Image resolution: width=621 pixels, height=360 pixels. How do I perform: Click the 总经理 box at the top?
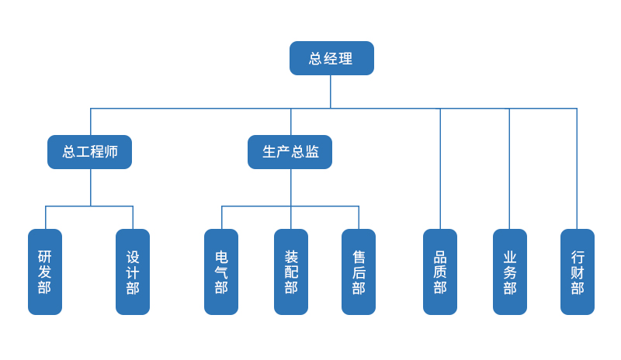pyautogui.click(x=331, y=58)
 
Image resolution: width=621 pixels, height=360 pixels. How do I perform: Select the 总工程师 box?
pyautogui.click(x=89, y=152)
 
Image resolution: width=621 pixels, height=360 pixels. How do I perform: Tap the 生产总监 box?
pyautogui.click(x=290, y=152)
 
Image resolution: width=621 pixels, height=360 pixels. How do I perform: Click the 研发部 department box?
pyautogui.click(x=45, y=272)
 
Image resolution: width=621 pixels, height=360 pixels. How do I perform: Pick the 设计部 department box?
pyautogui.click(x=133, y=272)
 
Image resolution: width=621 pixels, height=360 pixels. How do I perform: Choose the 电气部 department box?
pyautogui.click(x=221, y=272)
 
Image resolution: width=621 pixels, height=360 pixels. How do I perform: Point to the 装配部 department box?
pyautogui.click(x=291, y=272)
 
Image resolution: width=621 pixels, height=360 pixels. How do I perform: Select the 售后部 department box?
pyautogui.click(x=359, y=272)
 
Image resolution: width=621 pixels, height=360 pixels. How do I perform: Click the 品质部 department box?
pyautogui.click(x=440, y=272)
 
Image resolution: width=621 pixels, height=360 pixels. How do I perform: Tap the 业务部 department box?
pyautogui.click(x=509, y=272)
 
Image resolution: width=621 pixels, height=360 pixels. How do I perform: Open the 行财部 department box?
pyautogui.click(x=577, y=272)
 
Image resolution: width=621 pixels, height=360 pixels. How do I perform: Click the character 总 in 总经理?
pyautogui.click(x=315, y=59)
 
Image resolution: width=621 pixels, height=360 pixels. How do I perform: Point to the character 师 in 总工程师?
pyautogui.click(x=111, y=152)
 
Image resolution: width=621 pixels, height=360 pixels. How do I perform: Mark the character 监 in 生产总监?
pyautogui.click(x=312, y=152)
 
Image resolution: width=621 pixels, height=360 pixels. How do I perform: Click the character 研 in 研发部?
pyautogui.click(x=45, y=256)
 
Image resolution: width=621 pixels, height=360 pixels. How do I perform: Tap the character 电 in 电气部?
pyautogui.click(x=221, y=256)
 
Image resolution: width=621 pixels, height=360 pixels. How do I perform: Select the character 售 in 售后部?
pyautogui.click(x=359, y=256)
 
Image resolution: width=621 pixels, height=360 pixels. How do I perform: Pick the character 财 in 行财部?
pyautogui.click(x=577, y=272)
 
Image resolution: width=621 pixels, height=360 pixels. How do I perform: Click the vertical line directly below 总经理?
pyautogui.click(x=331, y=92)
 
